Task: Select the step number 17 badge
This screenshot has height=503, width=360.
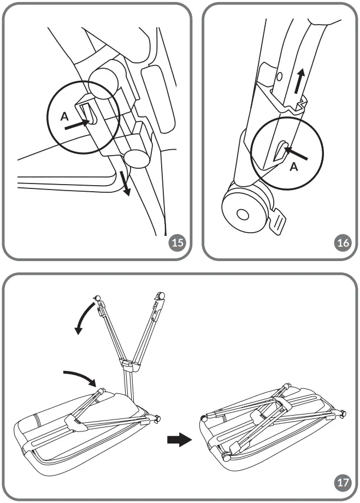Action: pos(341,482)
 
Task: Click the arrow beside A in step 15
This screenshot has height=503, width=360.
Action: pos(77,125)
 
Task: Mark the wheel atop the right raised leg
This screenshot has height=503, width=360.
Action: pos(161,295)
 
